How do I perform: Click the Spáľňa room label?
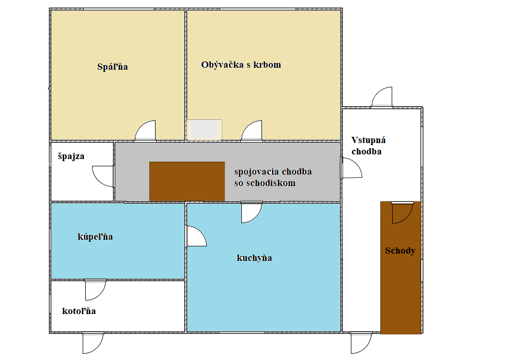[112, 67]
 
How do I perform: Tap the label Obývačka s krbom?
[241, 65]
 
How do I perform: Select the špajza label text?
[71, 156]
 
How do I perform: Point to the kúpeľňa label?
[95, 237]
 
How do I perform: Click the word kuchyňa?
[254, 258]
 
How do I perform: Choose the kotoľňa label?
[79, 311]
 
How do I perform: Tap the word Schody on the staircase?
[400, 251]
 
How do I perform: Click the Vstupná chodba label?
[368, 146]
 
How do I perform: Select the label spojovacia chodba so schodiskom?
[273, 177]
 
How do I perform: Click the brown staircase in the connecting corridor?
[187, 181]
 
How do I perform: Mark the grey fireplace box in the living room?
[204, 130]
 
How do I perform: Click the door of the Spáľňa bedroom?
[145, 131]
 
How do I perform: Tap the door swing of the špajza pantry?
[103, 176]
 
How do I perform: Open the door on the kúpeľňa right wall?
[196, 237]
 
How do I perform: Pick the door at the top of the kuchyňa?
[252, 212]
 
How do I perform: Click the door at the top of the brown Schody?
[403, 213]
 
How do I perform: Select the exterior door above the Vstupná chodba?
[382, 97]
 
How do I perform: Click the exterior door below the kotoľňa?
[93, 342]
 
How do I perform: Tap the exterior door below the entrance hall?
[361, 342]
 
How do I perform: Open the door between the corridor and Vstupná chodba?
[351, 168]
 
